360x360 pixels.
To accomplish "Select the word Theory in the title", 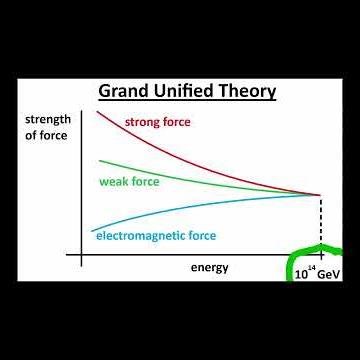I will (x=249, y=93).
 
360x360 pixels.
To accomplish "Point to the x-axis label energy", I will (x=210, y=267).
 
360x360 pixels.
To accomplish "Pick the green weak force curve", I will (x=200, y=181).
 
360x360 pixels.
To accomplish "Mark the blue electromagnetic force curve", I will (x=200, y=205).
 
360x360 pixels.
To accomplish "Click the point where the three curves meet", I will (x=320, y=194).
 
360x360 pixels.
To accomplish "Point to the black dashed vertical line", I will (x=320, y=225).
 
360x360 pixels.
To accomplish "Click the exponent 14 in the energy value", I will (x=311, y=267).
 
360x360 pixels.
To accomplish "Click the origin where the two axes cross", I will (x=80, y=256).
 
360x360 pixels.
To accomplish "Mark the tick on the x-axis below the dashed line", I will (x=320, y=256).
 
